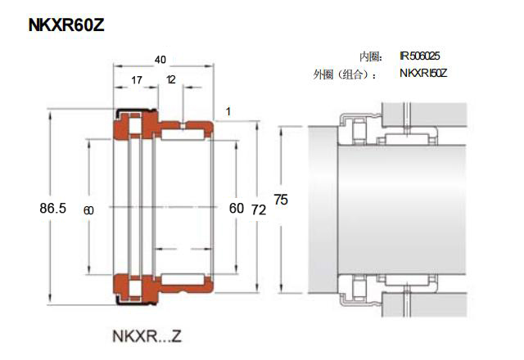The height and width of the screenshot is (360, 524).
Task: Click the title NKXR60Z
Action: (x=66, y=25)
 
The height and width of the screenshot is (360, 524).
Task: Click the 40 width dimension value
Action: (x=160, y=60)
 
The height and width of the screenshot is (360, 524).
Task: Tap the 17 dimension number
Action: (x=137, y=80)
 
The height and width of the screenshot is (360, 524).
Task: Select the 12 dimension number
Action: (x=171, y=79)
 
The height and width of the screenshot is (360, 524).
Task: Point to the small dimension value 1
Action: (x=228, y=111)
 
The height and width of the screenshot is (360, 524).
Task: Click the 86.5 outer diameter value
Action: (x=52, y=208)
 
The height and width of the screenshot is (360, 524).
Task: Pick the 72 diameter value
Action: (x=259, y=209)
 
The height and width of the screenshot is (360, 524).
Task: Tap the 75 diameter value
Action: (x=281, y=200)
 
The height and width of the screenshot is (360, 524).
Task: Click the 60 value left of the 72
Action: (x=237, y=209)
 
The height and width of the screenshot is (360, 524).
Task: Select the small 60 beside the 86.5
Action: (x=88, y=210)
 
